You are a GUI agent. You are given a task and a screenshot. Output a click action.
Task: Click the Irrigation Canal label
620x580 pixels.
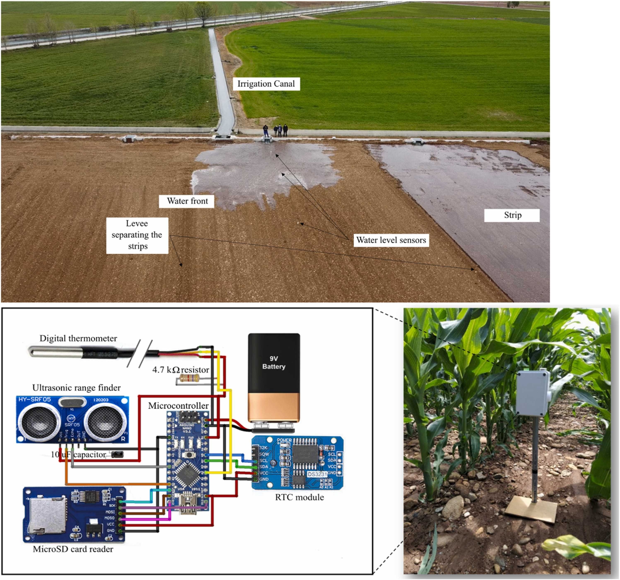pos(266,84)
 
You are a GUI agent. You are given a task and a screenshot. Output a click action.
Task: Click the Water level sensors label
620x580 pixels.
pos(391,240)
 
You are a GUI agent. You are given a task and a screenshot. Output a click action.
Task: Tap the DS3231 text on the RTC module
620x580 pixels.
pos(317,474)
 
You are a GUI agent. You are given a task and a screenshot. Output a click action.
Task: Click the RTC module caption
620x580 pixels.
pos(299,497)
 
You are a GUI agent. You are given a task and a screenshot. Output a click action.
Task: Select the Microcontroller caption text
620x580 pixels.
pos(178,406)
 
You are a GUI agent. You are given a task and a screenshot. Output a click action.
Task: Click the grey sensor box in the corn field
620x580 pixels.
pos(533,393)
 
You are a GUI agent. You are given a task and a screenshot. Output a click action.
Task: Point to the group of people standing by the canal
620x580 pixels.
pos(276,131)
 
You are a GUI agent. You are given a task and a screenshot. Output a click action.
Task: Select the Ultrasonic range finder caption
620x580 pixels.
pos(76,388)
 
